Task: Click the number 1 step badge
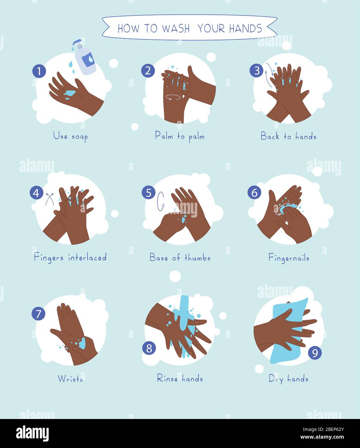(39, 71)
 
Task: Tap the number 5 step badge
(149, 192)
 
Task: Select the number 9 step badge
(315, 353)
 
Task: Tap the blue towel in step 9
(289, 331)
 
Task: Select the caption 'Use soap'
(70, 136)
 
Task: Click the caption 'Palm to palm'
(180, 136)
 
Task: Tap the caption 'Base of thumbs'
(180, 258)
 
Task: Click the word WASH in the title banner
(176, 28)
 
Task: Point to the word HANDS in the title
(246, 28)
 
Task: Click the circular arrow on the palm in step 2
(173, 97)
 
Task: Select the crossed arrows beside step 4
(50, 199)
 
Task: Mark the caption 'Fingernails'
(289, 258)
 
